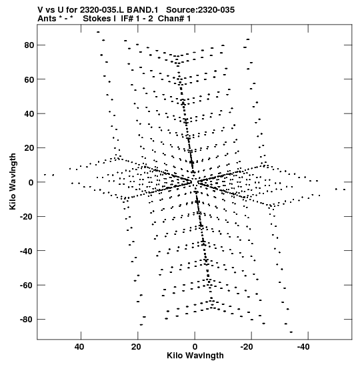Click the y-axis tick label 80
click(x=29, y=45)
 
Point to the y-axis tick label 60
click(x=29, y=79)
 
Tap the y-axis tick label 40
click(x=29, y=114)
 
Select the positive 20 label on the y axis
click(x=29, y=148)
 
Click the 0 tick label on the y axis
click(x=31, y=183)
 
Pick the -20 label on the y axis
click(x=27, y=217)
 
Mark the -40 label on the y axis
click(x=27, y=251)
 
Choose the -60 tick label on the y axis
click(x=27, y=286)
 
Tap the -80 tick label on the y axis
click(x=27, y=320)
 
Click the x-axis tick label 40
click(x=79, y=347)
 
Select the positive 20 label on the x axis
click(x=136, y=347)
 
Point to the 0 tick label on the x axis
click(x=195, y=347)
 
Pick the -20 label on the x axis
click(x=247, y=347)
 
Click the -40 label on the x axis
click(x=303, y=347)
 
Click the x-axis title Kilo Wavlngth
click(x=195, y=356)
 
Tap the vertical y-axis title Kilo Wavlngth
click(x=13, y=181)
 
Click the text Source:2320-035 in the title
click(x=201, y=10)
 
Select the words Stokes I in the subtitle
click(x=99, y=19)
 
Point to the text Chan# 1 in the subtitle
click(x=174, y=19)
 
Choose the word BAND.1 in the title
click(x=142, y=10)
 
